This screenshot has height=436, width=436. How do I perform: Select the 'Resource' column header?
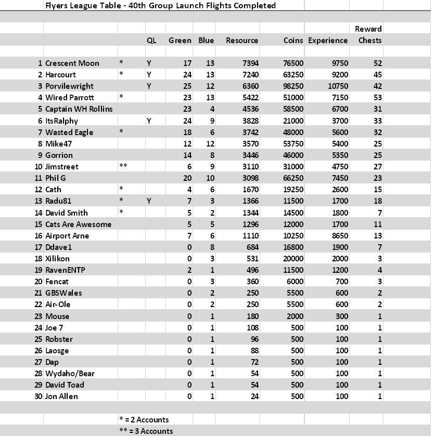tap(242, 40)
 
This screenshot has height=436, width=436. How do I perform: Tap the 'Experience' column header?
tap(328, 40)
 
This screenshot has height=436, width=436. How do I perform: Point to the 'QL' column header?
tap(152, 40)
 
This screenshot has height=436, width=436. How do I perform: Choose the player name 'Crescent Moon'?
tap(72, 63)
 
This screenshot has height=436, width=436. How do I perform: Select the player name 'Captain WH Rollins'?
tap(79, 109)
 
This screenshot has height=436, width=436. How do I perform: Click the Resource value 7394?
tap(250, 63)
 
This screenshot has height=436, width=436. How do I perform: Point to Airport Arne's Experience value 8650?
tap(340, 235)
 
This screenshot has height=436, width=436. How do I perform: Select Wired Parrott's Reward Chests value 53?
tap(377, 98)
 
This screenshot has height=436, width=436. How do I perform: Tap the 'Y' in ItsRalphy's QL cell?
tap(149, 121)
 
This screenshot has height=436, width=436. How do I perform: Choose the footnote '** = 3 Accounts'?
tap(146, 431)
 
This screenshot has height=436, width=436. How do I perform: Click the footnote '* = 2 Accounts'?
tap(144, 419)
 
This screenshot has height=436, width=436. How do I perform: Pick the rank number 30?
tap(38, 397)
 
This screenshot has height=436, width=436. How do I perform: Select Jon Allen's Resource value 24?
tap(254, 397)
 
